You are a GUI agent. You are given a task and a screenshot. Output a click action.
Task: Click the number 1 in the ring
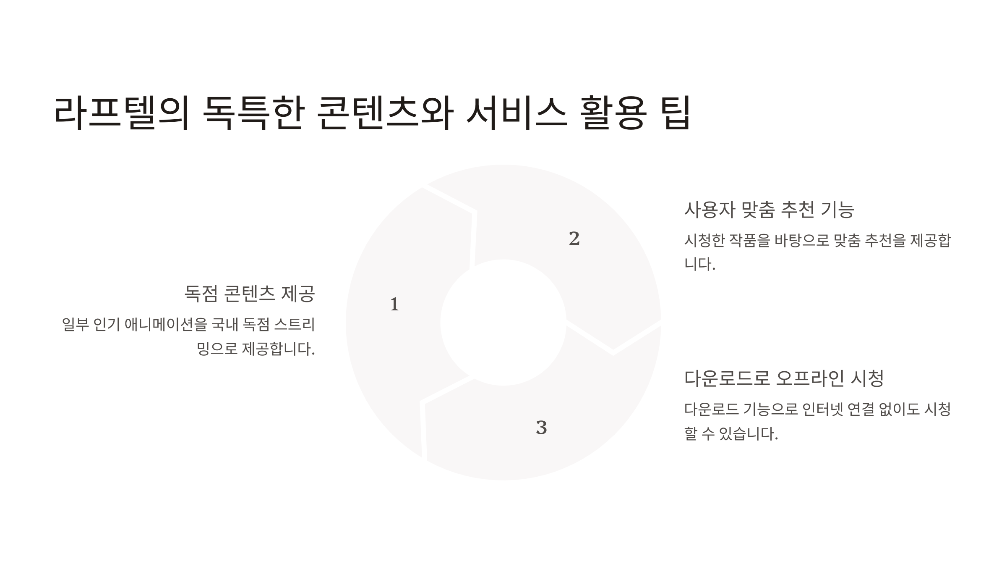pyautogui.click(x=394, y=304)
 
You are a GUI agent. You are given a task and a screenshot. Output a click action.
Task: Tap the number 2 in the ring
pyautogui.click(x=574, y=239)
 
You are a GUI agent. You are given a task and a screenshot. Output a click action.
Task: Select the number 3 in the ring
pyautogui.click(x=541, y=428)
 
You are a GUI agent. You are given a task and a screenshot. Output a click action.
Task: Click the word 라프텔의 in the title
pyautogui.click(x=122, y=113)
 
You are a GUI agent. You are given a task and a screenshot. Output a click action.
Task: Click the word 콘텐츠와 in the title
pyautogui.click(x=385, y=113)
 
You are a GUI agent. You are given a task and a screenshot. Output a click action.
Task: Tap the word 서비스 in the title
pyautogui.click(x=517, y=113)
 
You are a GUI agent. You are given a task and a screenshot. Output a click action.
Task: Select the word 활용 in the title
pyautogui.click(x=613, y=113)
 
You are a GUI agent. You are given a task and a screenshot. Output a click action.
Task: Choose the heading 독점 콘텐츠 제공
pyautogui.click(x=250, y=294)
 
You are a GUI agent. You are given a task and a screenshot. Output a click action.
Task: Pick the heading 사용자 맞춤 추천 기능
pyautogui.click(x=769, y=210)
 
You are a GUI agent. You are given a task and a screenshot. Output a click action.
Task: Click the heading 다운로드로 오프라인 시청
pyautogui.click(x=784, y=378)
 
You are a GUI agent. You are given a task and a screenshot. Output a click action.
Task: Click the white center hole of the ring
pyautogui.click(x=503, y=322)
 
